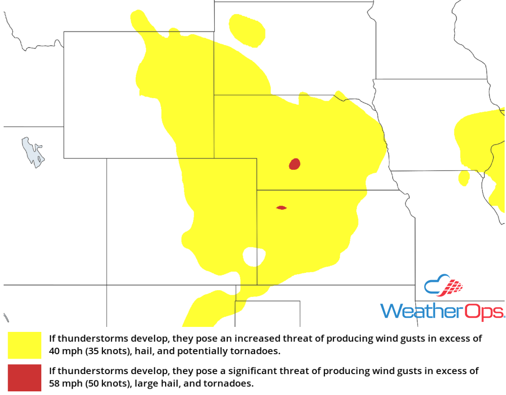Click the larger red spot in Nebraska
click(x=295, y=164)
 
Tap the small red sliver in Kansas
click(x=281, y=208)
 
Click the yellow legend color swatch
click(x=25, y=345)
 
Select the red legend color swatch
click(x=25, y=377)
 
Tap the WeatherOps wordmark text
click(x=442, y=311)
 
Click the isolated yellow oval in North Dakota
click(x=247, y=30)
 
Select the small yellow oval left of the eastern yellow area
click(x=464, y=178)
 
